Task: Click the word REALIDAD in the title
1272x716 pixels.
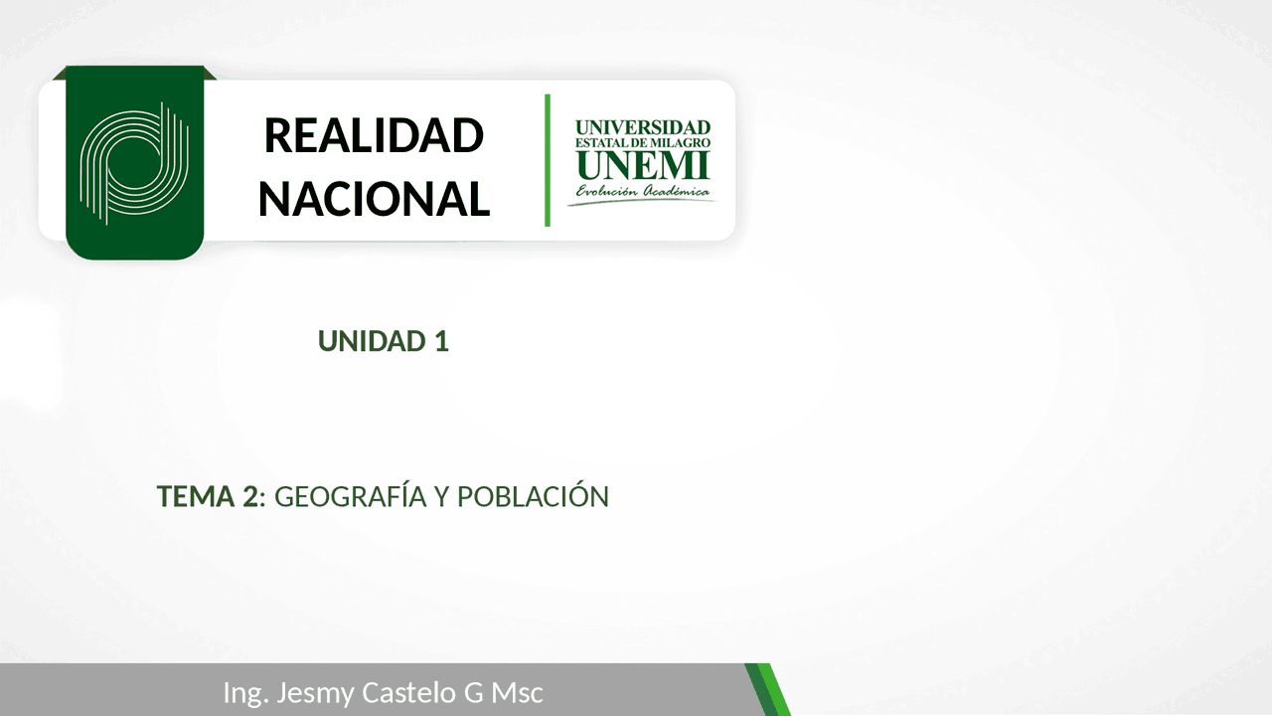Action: pyautogui.click(x=374, y=135)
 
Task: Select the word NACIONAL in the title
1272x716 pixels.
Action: pyautogui.click(x=374, y=198)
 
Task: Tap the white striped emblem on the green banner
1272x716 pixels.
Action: pyautogui.click(x=134, y=162)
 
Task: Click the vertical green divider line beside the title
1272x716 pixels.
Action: pyautogui.click(x=548, y=160)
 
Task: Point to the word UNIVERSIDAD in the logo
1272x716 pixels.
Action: pyautogui.click(x=643, y=127)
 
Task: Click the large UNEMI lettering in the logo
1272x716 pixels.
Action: pyautogui.click(x=643, y=164)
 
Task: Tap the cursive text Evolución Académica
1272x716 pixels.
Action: pyautogui.click(x=643, y=190)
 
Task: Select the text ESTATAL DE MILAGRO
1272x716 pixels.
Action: pyautogui.click(x=643, y=143)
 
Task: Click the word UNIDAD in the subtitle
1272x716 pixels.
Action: pyautogui.click(x=371, y=341)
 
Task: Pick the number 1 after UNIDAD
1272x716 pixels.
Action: pyautogui.click(x=441, y=341)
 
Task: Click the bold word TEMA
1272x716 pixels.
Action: pyautogui.click(x=196, y=496)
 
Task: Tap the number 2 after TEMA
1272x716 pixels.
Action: pyautogui.click(x=249, y=496)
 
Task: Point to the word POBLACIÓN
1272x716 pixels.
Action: pyautogui.click(x=533, y=496)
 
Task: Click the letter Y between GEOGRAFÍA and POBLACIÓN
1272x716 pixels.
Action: pyautogui.click(x=442, y=496)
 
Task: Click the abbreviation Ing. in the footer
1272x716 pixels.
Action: pyautogui.click(x=244, y=693)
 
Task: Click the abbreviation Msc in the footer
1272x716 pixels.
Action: pyautogui.click(x=519, y=692)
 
